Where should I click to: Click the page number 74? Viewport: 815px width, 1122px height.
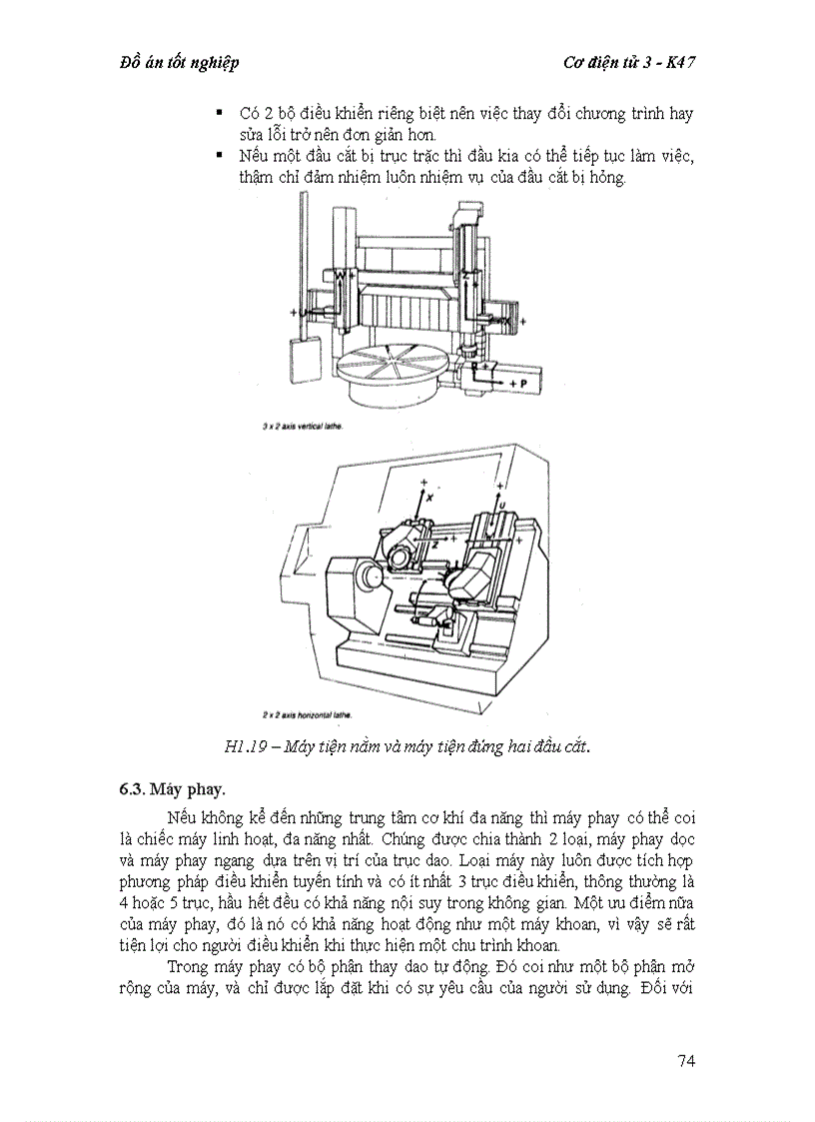coord(684,1060)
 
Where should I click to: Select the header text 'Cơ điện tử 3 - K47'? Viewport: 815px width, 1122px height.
coord(629,62)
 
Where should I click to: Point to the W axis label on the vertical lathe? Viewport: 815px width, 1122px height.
coord(340,275)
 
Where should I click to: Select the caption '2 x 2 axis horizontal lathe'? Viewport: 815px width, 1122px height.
coord(308,715)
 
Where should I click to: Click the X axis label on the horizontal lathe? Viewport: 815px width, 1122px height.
coord(428,497)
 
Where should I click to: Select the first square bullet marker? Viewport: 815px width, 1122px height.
coord(219,112)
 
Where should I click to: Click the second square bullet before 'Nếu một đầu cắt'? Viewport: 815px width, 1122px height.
coord(219,156)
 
